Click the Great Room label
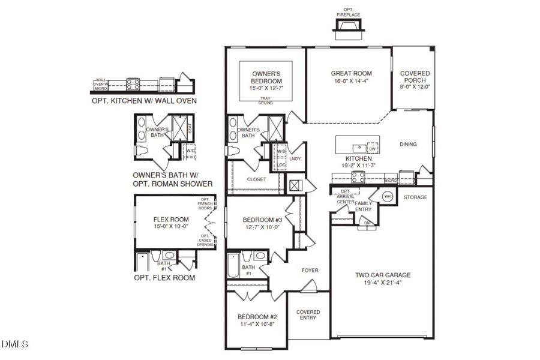[348, 74]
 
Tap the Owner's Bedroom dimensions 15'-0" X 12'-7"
[266, 89]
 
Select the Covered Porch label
[415, 77]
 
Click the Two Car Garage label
[382, 275]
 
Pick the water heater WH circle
[388, 197]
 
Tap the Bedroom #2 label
[257, 317]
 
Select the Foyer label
[310, 271]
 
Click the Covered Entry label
[308, 315]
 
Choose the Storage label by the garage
[415, 197]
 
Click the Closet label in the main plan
[257, 179]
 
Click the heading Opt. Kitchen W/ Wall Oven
[144, 101]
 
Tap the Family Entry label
[364, 206]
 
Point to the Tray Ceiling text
[266, 101]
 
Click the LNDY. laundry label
[295, 159]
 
